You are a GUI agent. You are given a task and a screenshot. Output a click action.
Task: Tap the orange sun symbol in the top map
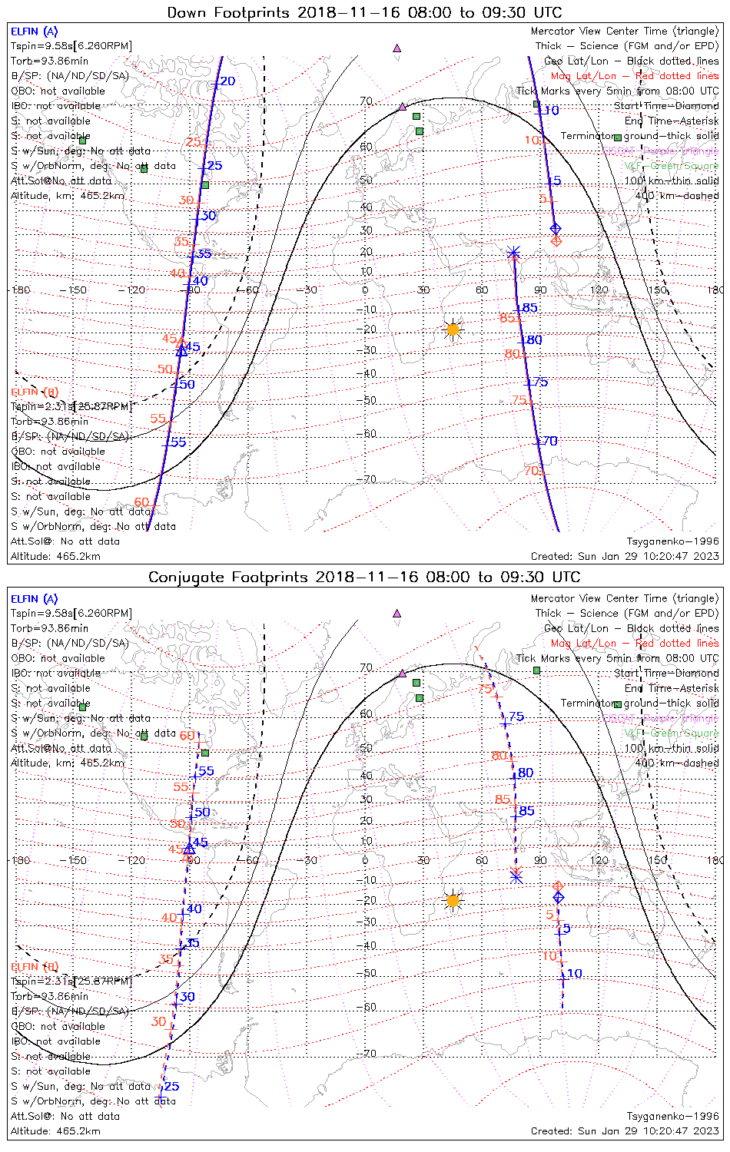453,329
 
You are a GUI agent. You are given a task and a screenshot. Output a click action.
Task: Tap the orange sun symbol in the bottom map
453,900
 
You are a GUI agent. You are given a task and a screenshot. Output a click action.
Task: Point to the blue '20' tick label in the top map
227,81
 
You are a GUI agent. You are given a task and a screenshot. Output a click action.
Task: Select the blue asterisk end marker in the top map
513,253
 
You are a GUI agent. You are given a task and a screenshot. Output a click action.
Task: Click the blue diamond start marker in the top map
556,228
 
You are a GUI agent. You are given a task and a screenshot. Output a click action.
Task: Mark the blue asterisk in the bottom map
516,876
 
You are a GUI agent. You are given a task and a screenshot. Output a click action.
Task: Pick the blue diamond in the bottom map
559,897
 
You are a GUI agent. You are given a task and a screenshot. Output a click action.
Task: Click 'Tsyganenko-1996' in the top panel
672,541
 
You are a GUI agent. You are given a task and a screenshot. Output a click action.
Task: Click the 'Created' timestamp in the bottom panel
625,1130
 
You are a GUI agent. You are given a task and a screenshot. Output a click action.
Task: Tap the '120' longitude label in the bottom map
599,860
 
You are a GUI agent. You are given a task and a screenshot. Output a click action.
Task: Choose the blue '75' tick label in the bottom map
516,717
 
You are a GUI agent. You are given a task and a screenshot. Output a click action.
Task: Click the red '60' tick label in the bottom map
187,736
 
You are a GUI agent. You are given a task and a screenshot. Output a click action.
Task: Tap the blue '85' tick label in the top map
529,308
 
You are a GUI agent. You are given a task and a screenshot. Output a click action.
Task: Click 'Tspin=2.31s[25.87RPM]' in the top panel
71,406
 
